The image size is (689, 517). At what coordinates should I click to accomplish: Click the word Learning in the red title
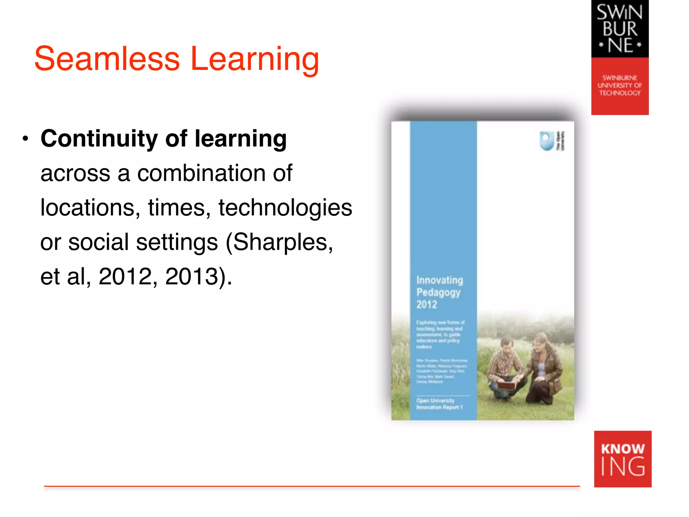click(255, 60)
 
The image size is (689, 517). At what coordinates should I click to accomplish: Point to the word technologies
click(285, 208)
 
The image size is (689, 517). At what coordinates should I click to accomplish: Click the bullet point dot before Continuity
click(25, 139)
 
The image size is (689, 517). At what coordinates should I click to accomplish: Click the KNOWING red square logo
click(622, 459)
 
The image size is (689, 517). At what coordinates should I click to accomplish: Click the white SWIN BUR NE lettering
click(620, 29)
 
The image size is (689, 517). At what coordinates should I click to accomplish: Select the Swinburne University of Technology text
click(620, 85)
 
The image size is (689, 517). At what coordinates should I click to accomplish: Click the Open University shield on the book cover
click(547, 141)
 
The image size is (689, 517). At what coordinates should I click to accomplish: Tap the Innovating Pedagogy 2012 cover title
click(439, 292)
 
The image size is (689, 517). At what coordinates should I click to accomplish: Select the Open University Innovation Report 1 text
click(439, 404)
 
